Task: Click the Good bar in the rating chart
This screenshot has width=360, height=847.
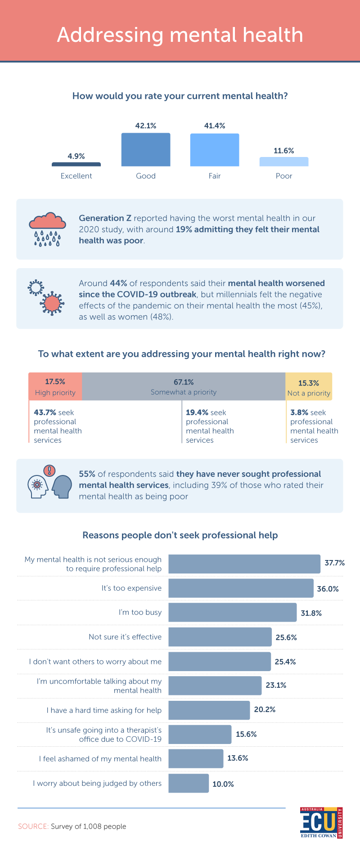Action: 146,150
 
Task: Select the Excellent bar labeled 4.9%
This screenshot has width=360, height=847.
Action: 76,164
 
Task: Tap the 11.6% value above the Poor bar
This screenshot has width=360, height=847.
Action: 283,151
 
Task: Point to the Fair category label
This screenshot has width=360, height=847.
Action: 215,176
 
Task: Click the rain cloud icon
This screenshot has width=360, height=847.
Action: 47,229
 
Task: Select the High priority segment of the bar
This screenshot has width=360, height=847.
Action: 55,386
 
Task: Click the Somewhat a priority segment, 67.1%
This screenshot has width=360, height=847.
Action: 184,386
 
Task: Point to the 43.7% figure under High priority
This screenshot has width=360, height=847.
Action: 45,412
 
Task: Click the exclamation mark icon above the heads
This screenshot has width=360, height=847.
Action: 49,471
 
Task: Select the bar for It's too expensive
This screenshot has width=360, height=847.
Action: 241,588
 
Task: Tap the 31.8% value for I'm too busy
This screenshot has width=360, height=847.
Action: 311,613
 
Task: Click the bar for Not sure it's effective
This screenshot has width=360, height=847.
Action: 220,637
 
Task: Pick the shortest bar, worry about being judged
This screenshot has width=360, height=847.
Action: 189,783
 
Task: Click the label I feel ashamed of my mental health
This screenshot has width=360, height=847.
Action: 100,759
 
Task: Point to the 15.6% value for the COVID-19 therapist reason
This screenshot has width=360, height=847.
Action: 246,734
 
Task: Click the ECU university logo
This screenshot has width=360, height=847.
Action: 321,823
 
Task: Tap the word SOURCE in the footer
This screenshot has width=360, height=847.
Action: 33,826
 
